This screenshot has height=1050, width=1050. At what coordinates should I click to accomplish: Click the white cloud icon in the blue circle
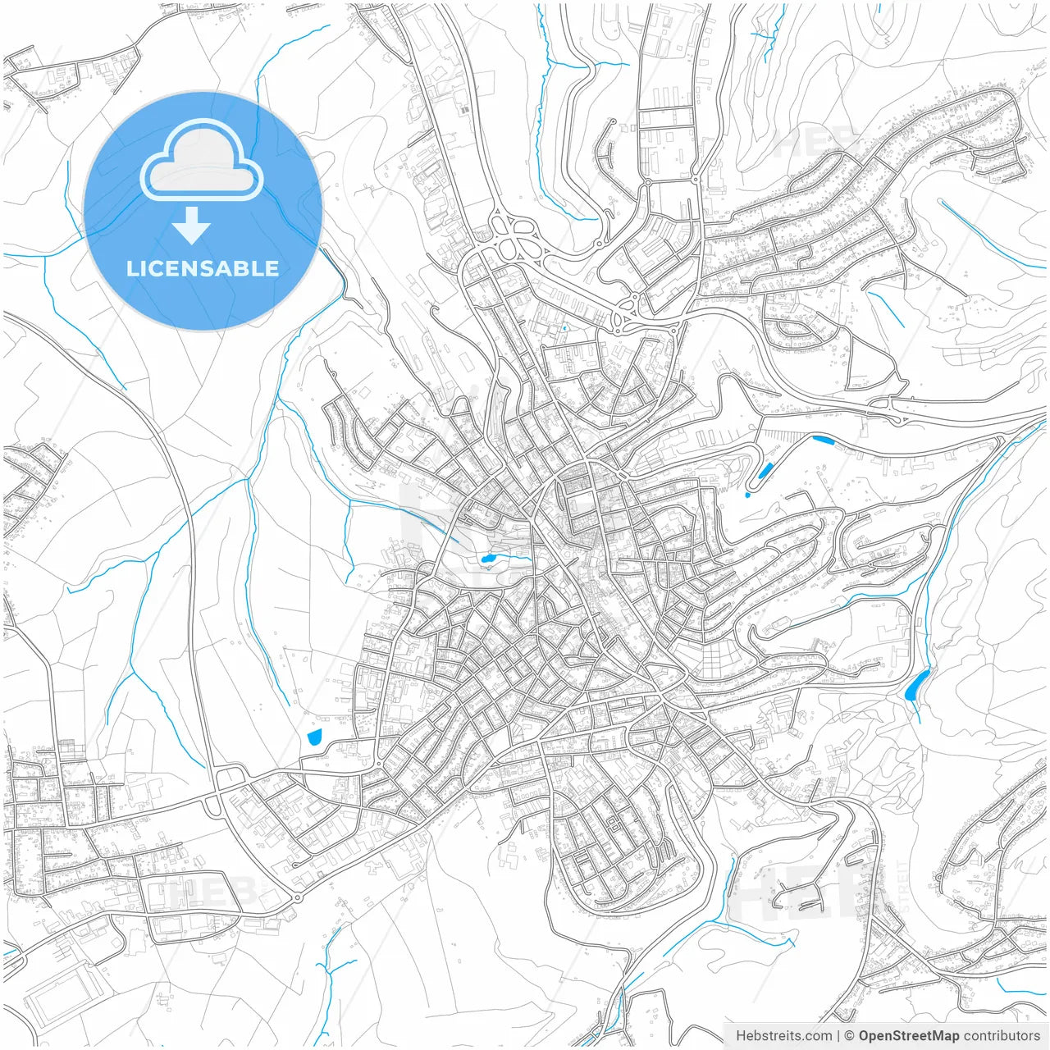pyautogui.click(x=202, y=161)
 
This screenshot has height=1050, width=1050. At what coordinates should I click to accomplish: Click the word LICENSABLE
pyautogui.click(x=203, y=268)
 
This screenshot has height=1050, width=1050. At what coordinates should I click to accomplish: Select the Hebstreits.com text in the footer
pyautogui.click(x=783, y=1036)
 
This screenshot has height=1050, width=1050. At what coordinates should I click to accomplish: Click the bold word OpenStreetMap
pyautogui.click(x=908, y=1036)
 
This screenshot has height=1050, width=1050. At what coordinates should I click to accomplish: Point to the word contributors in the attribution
pyautogui.click(x=1001, y=1036)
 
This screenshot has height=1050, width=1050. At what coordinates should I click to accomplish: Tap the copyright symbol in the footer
pyautogui.click(x=850, y=1036)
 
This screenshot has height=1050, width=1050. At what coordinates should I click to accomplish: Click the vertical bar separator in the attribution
pyautogui.click(x=838, y=1036)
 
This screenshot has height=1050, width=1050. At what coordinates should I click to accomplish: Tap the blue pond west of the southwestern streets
pyautogui.click(x=313, y=737)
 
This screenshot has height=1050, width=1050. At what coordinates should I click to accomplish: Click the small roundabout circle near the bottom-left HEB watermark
pyautogui.click(x=296, y=898)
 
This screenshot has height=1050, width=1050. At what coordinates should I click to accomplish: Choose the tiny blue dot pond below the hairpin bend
pyautogui.click(x=747, y=495)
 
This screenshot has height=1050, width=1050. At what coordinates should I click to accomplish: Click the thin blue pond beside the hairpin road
pyautogui.click(x=765, y=471)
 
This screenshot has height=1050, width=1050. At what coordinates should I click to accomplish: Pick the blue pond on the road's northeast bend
pyautogui.click(x=821, y=441)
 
